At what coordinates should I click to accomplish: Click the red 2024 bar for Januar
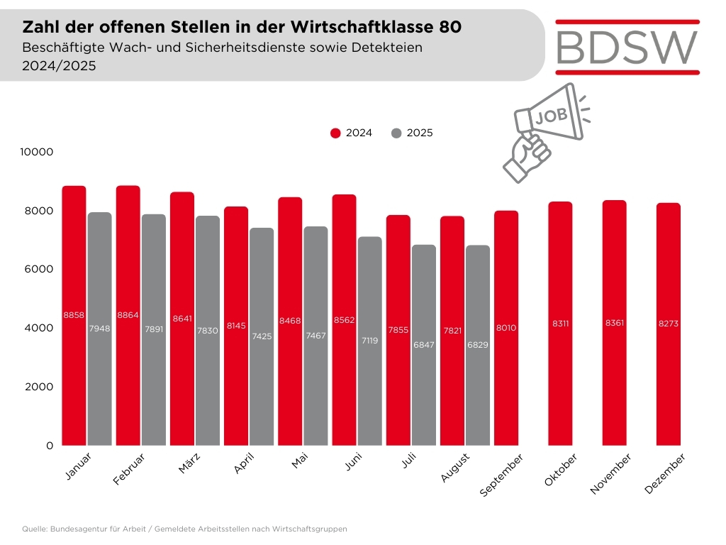coord(74,316)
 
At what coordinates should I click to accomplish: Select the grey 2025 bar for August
coord(477,346)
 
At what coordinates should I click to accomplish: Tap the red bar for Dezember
coord(668,324)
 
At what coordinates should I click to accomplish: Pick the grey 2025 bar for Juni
coord(369,341)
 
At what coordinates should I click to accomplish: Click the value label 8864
coord(128,315)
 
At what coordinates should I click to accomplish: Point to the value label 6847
coord(423,345)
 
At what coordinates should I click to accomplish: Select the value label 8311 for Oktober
coord(560,324)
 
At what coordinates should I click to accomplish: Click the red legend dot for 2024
coord(336,133)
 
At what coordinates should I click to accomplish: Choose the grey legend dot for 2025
coord(396,133)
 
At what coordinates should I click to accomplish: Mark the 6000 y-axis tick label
coord(40,270)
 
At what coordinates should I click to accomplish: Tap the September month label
coord(501,477)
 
